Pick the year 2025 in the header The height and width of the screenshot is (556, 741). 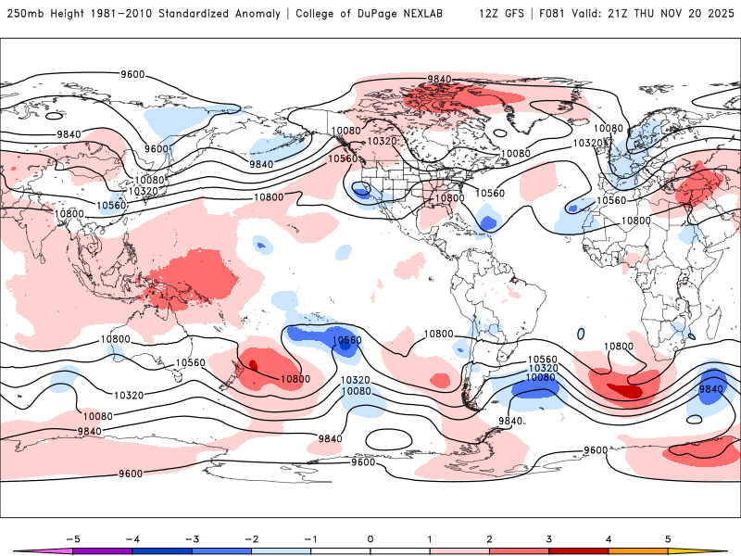tap(715, 14)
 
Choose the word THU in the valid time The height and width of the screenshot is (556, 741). tap(647, 14)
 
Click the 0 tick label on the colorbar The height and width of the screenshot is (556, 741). tap(370, 537)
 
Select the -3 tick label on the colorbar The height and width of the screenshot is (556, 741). tap(192, 537)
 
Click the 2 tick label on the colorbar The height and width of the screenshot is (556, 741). tap(490, 537)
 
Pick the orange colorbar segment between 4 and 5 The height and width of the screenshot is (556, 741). tap(638, 550)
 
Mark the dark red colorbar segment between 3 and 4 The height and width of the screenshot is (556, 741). tap(579, 550)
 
